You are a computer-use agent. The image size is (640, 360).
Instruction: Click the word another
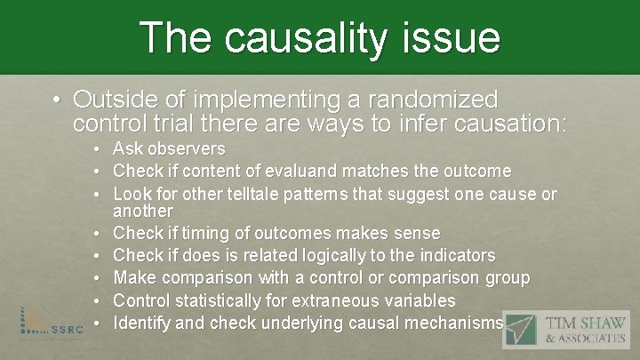coord(144,211)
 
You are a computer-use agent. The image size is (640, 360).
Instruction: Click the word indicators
coord(452,255)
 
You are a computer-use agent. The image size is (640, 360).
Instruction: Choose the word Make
coord(133,278)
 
